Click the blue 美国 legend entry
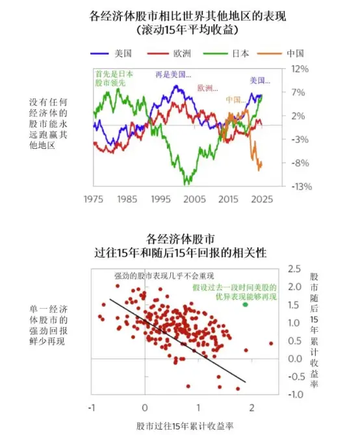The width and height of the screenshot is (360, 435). tap(111, 53)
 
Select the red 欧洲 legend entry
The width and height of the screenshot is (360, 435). tap(169, 53)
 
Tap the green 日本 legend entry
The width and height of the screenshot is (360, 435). tap(225, 53)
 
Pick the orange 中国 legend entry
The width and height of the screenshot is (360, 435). tap(281, 53)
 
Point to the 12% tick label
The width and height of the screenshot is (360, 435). tap(300, 69)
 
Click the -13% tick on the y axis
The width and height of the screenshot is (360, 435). tap(302, 187)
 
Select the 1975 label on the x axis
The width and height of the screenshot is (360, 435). tap(93, 199)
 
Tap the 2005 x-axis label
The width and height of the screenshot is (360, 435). tap(194, 199)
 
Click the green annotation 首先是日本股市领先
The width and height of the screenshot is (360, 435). tap(114, 78)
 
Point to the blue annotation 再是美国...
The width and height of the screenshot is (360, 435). tap(174, 74)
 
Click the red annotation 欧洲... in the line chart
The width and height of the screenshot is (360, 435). tap(208, 88)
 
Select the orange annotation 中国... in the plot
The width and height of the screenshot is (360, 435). tap(236, 99)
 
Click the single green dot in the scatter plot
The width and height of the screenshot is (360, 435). tap(245, 304)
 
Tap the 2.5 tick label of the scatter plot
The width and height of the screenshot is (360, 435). tap(294, 269)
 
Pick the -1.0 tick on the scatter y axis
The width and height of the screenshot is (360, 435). tap(296, 394)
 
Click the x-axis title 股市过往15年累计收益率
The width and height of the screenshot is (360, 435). tap(185, 426)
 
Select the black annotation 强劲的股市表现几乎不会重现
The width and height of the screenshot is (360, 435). tap(164, 276)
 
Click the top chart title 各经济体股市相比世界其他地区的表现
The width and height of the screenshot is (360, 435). tap(188, 16)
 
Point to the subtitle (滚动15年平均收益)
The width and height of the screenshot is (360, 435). tap(188, 30)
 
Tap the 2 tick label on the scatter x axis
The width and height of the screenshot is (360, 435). tap(252, 408)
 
